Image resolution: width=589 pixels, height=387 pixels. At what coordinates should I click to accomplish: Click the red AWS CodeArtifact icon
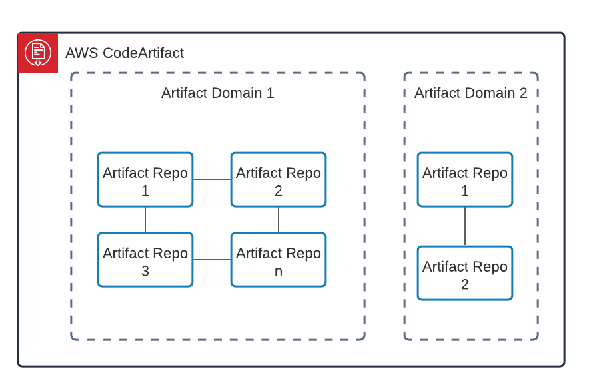point(38,52)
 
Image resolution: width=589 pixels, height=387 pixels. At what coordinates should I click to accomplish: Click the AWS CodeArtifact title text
point(125,53)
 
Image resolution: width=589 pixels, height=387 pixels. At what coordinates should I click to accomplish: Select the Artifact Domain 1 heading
point(217,93)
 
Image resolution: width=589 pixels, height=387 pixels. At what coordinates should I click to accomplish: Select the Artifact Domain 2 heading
point(470,93)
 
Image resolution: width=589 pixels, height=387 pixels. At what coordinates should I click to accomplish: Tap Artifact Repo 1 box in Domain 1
point(145,179)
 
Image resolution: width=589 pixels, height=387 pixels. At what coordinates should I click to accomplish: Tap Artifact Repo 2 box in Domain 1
point(279,179)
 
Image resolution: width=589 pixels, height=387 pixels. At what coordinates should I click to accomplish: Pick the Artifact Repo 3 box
point(145,260)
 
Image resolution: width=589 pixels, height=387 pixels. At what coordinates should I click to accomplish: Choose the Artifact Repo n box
point(279,260)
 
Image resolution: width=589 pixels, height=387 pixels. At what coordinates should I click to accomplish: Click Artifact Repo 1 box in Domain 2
point(465,179)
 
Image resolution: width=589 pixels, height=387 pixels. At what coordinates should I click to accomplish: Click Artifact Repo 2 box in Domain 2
point(465,273)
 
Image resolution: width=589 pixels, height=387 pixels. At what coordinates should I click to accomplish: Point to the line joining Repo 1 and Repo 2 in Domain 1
point(212,179)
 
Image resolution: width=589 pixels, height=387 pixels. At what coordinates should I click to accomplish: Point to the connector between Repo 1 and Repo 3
point(145,220)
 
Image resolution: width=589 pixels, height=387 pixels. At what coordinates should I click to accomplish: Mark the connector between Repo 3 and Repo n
point(212,260)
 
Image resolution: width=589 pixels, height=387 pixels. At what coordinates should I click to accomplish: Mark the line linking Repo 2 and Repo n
point(279,220)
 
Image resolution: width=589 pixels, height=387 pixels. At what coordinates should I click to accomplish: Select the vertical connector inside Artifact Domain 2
point(465,226)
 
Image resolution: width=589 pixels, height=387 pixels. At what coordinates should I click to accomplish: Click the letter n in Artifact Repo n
point(279,271)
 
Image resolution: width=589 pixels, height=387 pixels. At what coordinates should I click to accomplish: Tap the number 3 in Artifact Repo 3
point(145,271)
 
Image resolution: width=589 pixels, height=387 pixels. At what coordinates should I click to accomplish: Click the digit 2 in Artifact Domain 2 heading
point(523,93)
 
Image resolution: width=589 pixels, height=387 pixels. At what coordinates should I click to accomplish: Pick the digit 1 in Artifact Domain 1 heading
point(270,93)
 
